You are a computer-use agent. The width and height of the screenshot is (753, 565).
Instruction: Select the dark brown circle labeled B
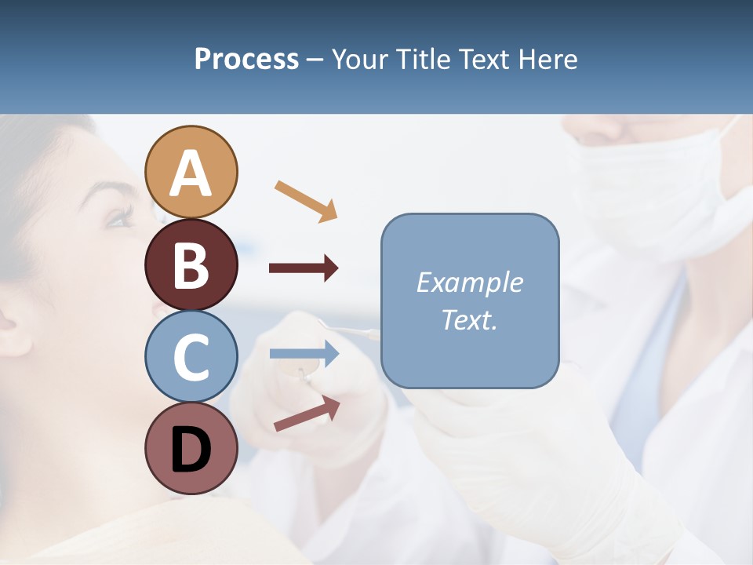point(191,265)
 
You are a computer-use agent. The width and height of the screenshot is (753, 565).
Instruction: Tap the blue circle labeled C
point(191,356)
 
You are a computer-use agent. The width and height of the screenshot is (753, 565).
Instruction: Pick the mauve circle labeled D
point(191,448)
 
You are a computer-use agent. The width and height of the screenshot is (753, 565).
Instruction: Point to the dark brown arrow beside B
point(304,268)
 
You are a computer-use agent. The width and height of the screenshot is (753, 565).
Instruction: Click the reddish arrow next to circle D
point(307,413)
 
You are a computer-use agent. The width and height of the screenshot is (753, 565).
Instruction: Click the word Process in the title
point(246,59)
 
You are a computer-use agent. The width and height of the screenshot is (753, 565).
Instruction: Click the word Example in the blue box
point(469,282)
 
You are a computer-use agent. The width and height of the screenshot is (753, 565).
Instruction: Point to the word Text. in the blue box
point(469,320)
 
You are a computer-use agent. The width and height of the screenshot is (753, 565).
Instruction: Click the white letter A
point(191,173)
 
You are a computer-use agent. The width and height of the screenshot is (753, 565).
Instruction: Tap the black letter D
point(191,450)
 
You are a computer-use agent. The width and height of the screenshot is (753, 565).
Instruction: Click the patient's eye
point(119,218)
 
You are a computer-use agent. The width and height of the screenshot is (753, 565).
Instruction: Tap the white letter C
point(191,358)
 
